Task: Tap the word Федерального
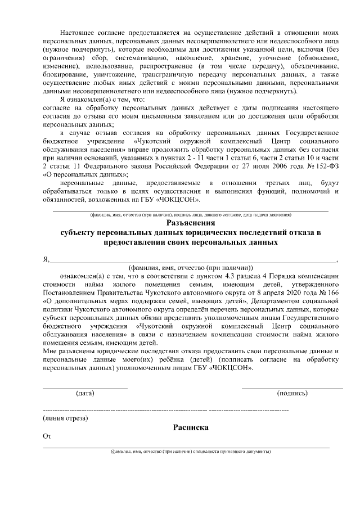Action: tap(108, 167)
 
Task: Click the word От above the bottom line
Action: tap(47, 436)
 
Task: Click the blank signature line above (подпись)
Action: tap(292, 388)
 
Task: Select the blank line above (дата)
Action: tap(85, 388)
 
